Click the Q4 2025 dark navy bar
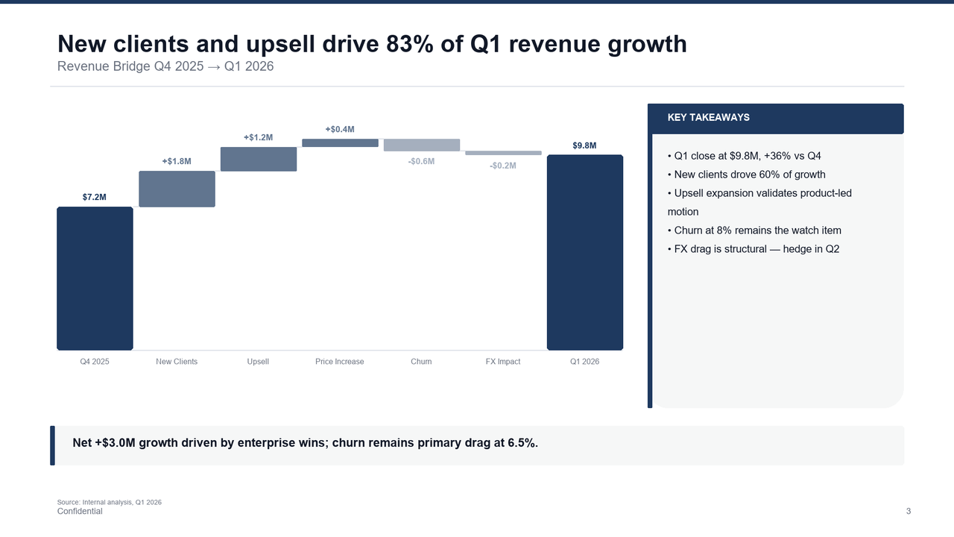point(95,278)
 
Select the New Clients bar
point(177,189)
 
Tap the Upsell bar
point(259,159)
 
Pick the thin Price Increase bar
point(340,142)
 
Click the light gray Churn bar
point(422,145)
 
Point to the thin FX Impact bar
point(503,153)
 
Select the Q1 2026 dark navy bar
point(585,252)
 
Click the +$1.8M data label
point(177,161)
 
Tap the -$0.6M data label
point(421,162)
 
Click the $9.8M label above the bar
point(584,145)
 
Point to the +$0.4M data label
point(340,129)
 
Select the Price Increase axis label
point(340,362)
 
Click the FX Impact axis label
point(503,362)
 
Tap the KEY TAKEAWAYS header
point(709,118)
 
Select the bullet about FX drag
point(756,249)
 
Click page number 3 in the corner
point(908,512)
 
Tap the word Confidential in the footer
point(80,512)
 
